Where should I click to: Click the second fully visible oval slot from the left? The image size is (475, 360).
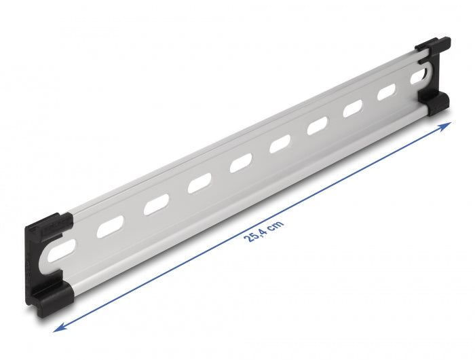156,204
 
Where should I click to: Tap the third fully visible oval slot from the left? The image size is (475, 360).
199,183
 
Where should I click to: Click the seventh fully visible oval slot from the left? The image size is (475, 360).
353,108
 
